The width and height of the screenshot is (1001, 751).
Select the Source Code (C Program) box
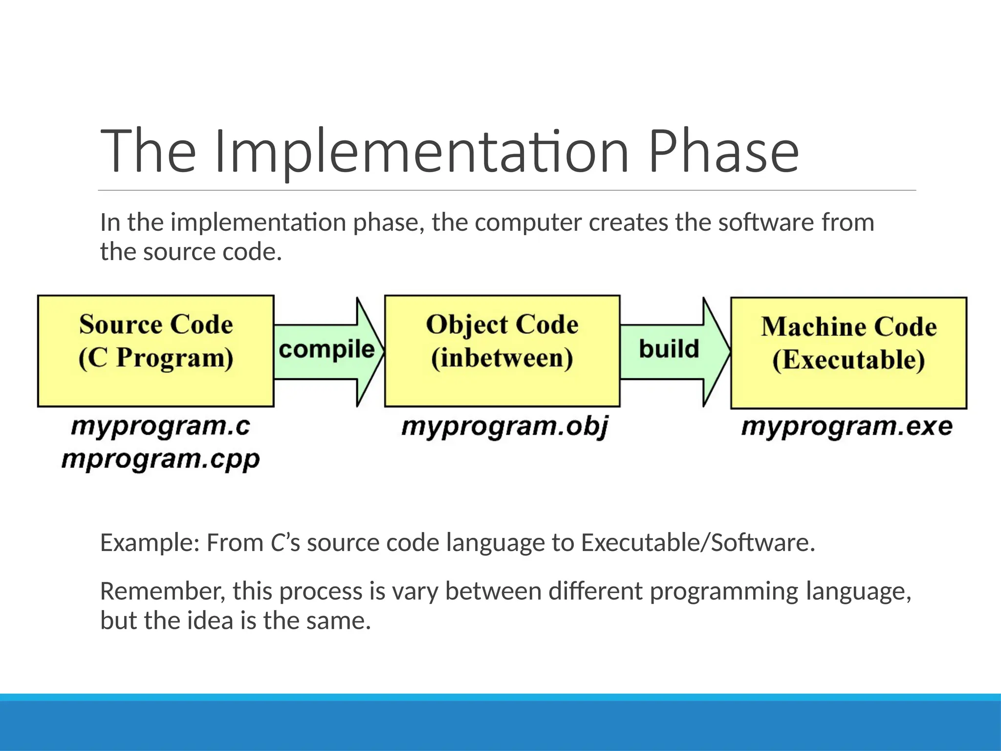tap(155, 351)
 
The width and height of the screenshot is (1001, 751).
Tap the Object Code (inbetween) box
tap(502, 351)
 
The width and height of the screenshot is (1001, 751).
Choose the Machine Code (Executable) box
tap(849, 353)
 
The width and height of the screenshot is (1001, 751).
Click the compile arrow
tap(326, 351)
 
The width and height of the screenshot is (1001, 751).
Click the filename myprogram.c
tap(160, 426)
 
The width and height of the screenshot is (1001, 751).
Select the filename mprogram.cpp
tap(160, 460)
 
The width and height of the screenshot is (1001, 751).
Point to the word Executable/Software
tap(698, 543)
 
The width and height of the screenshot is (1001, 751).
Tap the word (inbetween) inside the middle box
tap(502, 358)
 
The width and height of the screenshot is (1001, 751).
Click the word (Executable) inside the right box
tap(849, 360)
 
